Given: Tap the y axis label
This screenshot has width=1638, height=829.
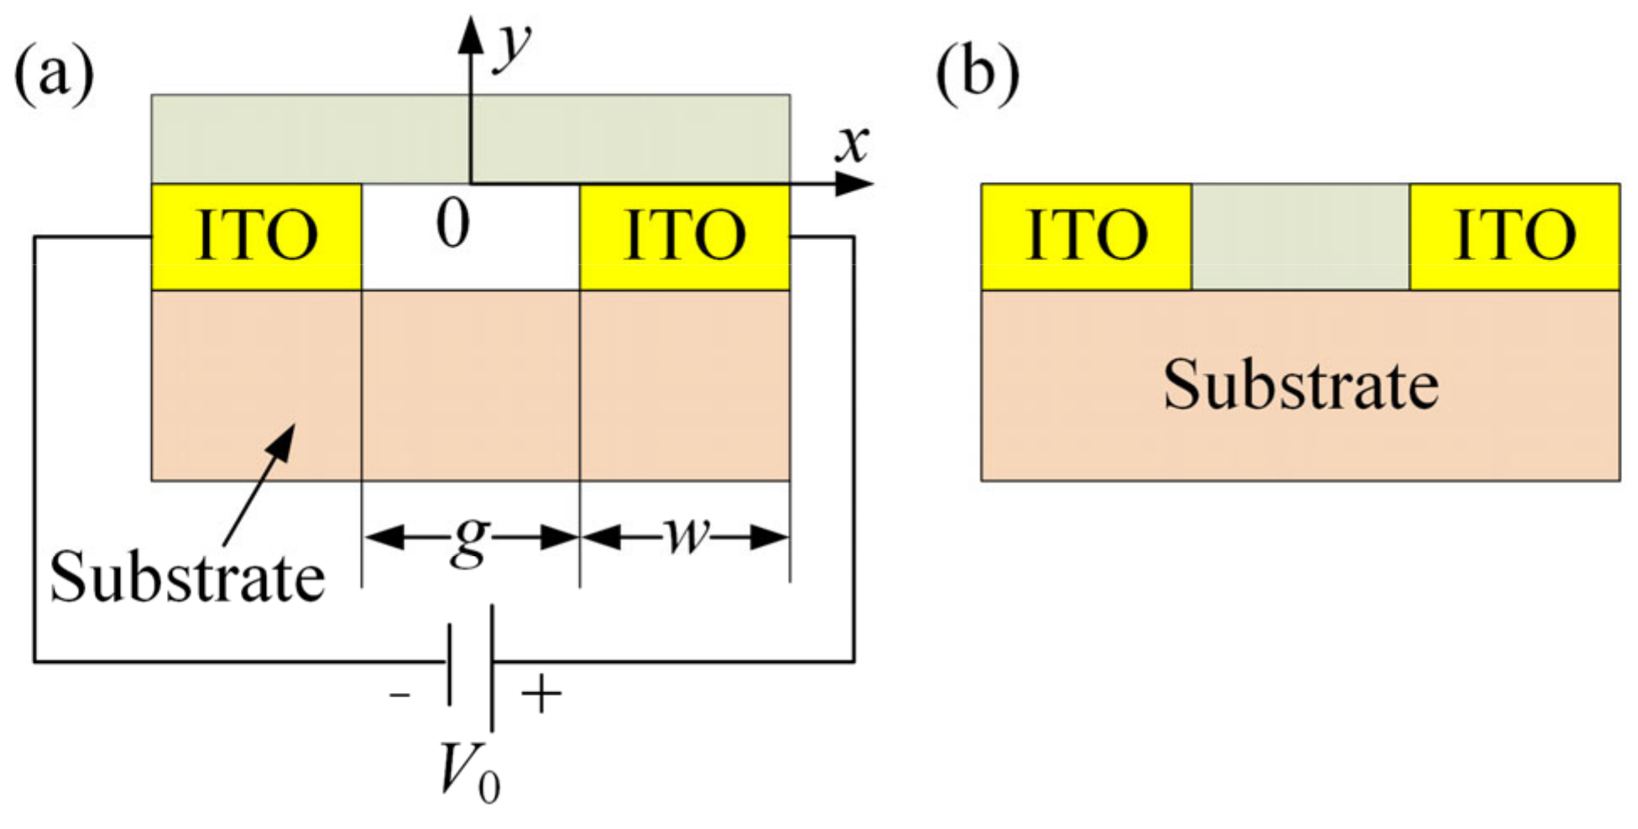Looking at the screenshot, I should click(513, 46).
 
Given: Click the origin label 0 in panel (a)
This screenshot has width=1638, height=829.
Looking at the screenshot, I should click(453, 225).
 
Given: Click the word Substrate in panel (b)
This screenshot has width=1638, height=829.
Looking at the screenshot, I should click(1300, 384).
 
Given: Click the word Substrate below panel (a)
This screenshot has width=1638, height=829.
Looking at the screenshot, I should click(187, 577).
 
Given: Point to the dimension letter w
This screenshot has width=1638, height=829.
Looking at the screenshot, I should click(686, 535).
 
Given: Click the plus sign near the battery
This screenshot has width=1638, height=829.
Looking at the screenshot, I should click(541, 695).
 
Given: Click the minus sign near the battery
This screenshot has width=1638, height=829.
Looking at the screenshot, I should click(399, 695).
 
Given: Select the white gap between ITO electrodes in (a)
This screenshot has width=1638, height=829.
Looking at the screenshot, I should click(470, 260).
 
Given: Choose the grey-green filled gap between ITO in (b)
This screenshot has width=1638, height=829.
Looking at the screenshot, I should click(1300, 237).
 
